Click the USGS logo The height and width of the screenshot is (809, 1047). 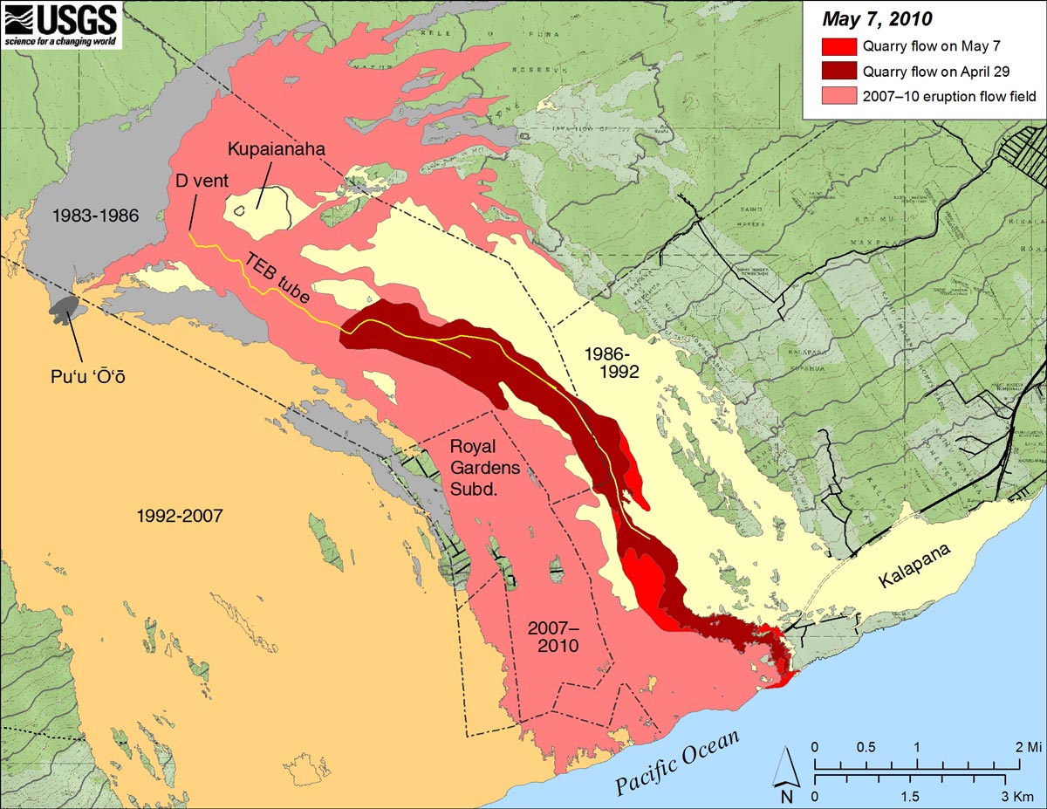61,24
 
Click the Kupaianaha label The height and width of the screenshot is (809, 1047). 277,149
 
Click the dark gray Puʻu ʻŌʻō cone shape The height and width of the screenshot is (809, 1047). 65,305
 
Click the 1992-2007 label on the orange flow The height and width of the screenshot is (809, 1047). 180,516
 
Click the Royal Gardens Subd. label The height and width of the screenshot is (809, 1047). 485,468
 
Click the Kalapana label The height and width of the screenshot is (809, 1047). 915,565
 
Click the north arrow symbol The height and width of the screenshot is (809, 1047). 786,777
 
